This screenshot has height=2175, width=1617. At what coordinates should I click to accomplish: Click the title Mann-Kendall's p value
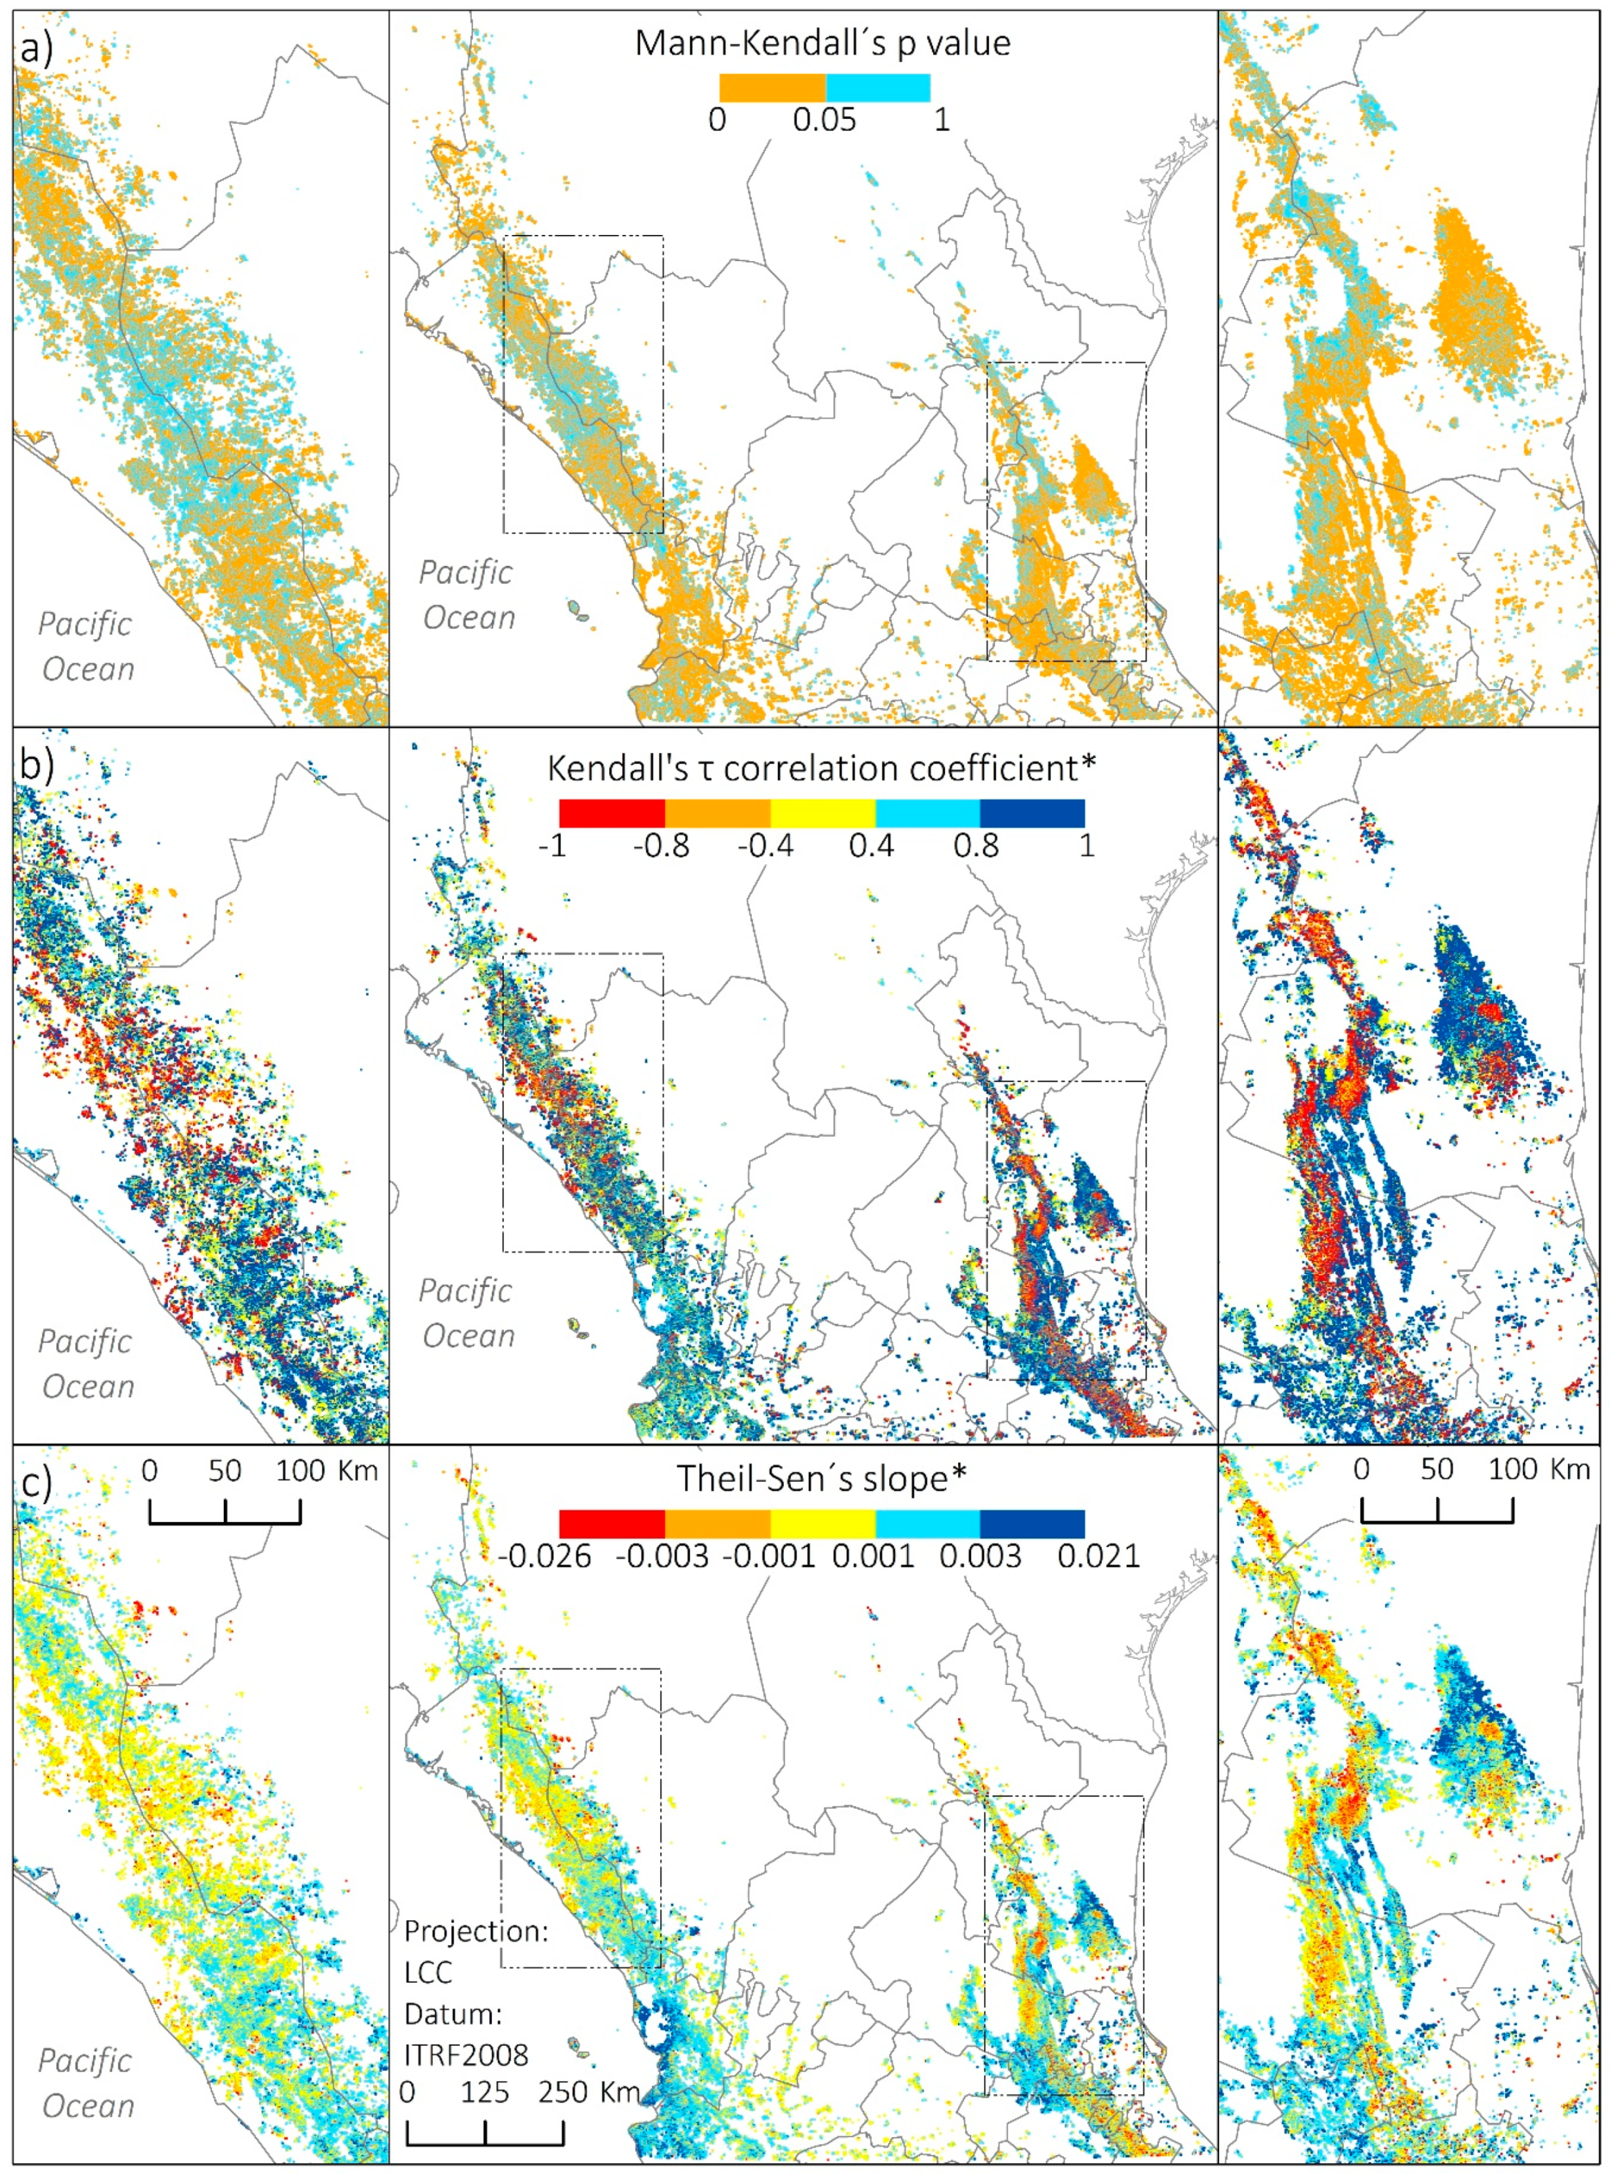[x=822, y=43]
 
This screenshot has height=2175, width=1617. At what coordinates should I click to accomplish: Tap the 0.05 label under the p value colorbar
[x=824, y=120]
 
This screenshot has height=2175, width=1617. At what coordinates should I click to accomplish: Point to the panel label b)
[x=36, y=764]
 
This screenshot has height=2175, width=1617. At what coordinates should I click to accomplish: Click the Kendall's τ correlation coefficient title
[x=821, y=768]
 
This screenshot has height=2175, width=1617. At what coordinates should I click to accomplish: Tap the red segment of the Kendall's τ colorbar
[x=612, y=813]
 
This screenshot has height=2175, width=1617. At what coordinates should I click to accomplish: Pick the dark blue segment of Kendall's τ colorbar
[x=1032, y=813]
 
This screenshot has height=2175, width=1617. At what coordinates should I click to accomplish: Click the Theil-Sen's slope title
[x=821, y=1478]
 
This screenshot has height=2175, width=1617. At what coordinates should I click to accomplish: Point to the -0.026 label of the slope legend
[x=544, y=1557]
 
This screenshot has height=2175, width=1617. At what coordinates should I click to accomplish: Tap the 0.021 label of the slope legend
[x=1098, y=1557]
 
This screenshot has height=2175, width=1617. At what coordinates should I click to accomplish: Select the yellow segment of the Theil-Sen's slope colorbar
[x=822, y=1523]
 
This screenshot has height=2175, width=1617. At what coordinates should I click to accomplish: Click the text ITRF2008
[x=467, y=2055]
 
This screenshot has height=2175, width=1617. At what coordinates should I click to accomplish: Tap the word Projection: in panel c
[x=476, y=1931]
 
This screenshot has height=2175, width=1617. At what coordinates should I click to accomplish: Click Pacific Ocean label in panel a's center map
[x=467, y=594]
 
